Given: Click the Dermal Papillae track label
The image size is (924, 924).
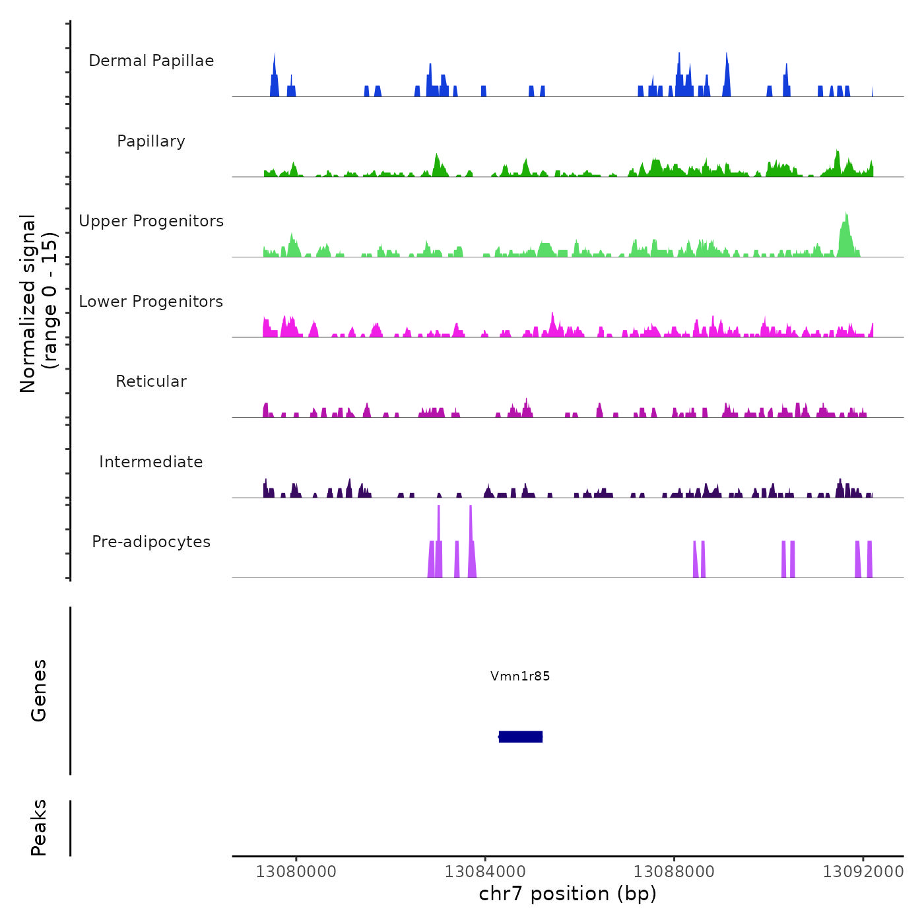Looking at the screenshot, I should [x=151, y=61].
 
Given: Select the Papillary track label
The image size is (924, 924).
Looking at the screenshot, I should [x=151, y=141].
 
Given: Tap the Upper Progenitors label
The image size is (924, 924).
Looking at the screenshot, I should [x=151, y=221].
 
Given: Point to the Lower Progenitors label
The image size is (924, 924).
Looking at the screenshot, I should [x=151, y=302].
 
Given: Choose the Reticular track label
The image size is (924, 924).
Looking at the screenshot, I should [x=151, y=381].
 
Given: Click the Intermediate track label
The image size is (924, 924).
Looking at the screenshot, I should [x=151, y=462].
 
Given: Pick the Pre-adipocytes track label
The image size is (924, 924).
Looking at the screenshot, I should [x=151, y=542].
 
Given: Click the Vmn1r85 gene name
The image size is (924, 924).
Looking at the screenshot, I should [x=520, y=676].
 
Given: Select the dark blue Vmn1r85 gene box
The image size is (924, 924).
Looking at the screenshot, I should [x=521, y=737].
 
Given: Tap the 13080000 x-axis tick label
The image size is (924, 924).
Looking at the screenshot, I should [x=296, y=872].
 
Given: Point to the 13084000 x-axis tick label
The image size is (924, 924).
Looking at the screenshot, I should [x=485, y=872].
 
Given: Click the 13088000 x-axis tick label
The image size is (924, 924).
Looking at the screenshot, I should [x=674, y=872].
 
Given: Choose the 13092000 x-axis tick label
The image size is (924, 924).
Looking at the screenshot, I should [x=863, y=872].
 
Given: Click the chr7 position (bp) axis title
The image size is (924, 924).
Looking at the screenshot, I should [x=568, y=894].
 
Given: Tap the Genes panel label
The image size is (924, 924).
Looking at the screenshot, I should [x=39, y=690].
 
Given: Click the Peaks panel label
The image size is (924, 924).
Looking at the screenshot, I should [x=39, y=828].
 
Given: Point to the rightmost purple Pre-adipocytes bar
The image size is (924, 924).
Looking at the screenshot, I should [x=870, y=560].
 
